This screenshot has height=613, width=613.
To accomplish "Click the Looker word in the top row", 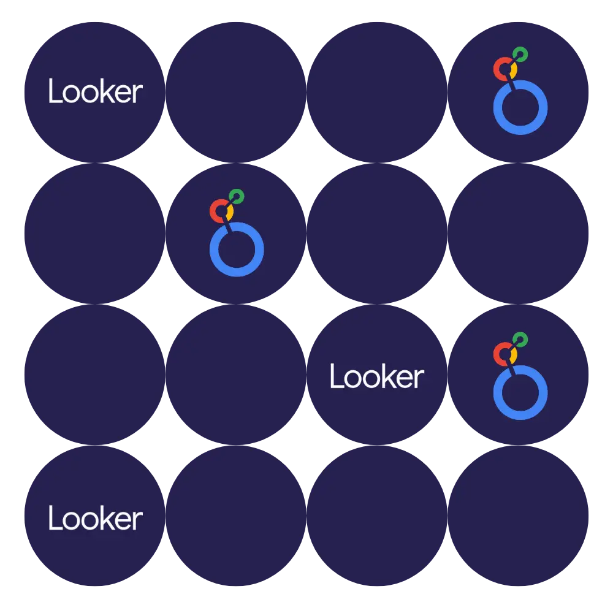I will click(x=95, y=92).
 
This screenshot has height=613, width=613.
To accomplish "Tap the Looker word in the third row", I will click(x=376, y=376).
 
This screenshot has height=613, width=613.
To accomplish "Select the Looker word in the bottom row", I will click(x=95, y=519).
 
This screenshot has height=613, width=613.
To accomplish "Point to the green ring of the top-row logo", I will click(x=520, y=54).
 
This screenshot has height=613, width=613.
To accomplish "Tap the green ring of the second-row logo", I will click(x=237, y=197).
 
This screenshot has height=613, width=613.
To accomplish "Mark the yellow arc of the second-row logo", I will click(x=230, y=214).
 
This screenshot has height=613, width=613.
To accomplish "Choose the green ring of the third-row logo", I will click(x=520, y=339).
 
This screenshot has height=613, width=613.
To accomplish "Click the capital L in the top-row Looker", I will click(x=54, y=92).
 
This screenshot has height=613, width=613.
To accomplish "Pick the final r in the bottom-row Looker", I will click(x=138, y=521).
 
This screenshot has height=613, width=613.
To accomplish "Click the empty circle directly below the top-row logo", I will click(x=520, y=233).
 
